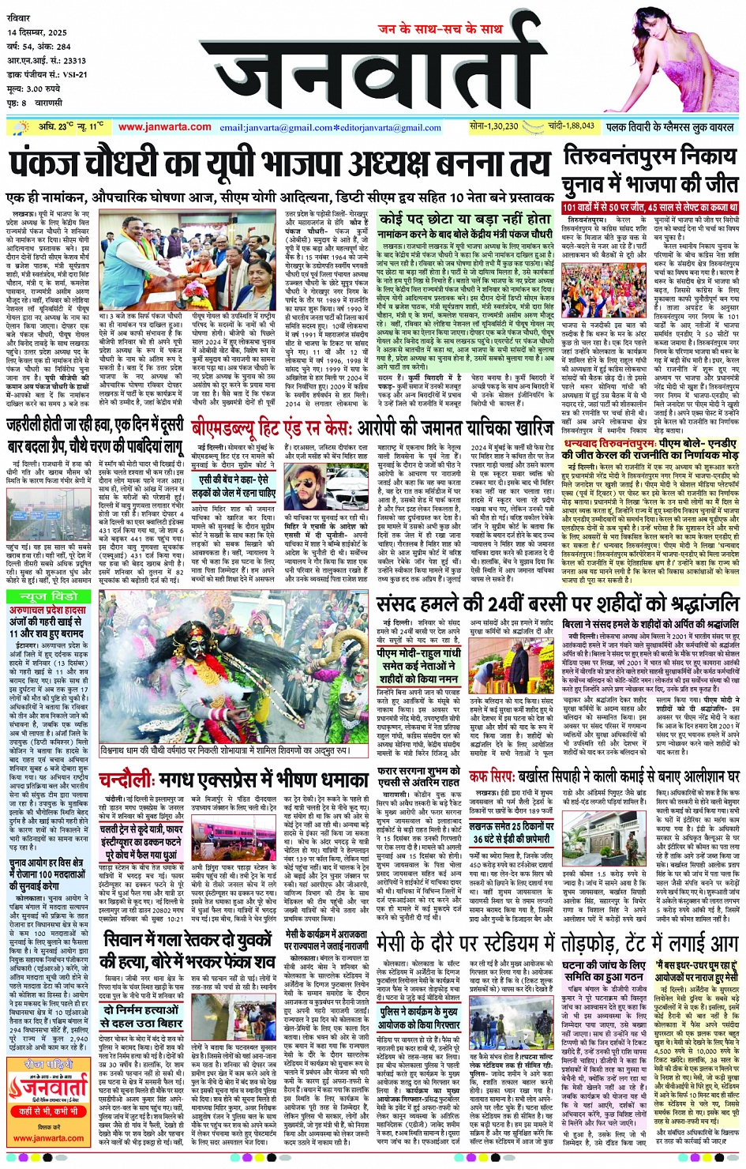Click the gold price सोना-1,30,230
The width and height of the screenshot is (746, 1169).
(493, 126)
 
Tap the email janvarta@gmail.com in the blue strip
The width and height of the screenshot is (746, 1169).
(278, 127)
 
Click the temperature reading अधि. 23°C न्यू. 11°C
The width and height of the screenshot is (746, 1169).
(71, 126)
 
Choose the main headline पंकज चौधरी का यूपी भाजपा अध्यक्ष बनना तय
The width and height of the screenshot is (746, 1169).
(279, 166)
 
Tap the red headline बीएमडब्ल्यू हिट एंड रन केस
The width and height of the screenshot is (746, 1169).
(372, 427)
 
